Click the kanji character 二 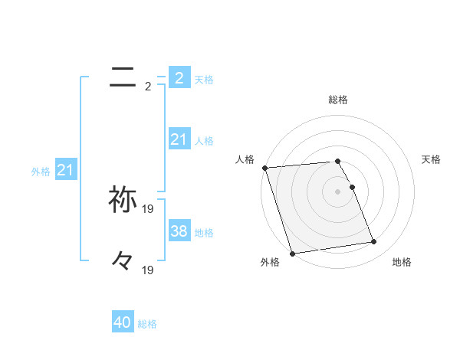123,76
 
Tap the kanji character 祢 123,199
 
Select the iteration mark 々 123,261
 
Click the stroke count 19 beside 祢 149,208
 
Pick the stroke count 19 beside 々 149,270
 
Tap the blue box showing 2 179,77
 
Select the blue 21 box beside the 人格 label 179,139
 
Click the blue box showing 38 179,231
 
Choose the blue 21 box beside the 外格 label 65,170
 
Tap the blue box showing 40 123,322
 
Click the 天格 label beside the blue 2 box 204,79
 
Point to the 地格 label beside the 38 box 204,232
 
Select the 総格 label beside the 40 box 147,324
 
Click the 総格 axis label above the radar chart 338,100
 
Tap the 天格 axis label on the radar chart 432,159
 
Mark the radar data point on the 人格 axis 264,168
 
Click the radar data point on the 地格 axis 374,242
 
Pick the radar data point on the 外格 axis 292,253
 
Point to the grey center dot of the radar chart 338,191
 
